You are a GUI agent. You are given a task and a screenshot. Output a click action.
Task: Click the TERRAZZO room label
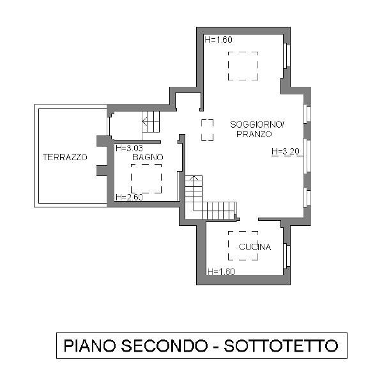tap(65, 157)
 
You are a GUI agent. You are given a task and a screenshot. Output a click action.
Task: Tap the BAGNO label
tap(148, 157)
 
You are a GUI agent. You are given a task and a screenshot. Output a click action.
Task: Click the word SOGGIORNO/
tap(254, 125)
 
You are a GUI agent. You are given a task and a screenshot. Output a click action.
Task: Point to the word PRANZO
tap(254, 135)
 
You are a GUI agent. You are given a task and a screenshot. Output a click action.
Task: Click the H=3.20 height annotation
tap(286, 152)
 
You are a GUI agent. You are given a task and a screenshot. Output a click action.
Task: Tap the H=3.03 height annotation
tap(130, 148)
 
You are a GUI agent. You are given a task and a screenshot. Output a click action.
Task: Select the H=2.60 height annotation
tap(129, 197)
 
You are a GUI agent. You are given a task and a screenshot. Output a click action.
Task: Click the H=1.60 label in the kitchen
tap(222, 272)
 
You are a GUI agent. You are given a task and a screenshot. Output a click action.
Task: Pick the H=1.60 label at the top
tap(218, 40)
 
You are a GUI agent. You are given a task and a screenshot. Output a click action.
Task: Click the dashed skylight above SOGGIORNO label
tap(243, 66)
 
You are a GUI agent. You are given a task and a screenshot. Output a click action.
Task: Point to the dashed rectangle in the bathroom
tap(146, 179)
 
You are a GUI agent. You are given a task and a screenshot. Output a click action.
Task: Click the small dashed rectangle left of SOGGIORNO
tap(208, 130)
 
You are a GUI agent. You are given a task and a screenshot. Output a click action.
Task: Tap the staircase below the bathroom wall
tap(211, 199)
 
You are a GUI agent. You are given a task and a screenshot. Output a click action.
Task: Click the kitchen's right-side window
tap(287, 255)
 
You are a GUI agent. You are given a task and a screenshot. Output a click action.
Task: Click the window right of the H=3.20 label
tap(307, 154)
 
